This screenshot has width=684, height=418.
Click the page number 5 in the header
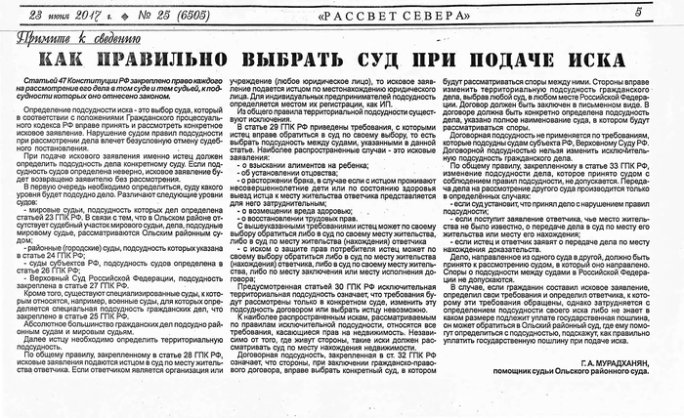click(x=664, y=12)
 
